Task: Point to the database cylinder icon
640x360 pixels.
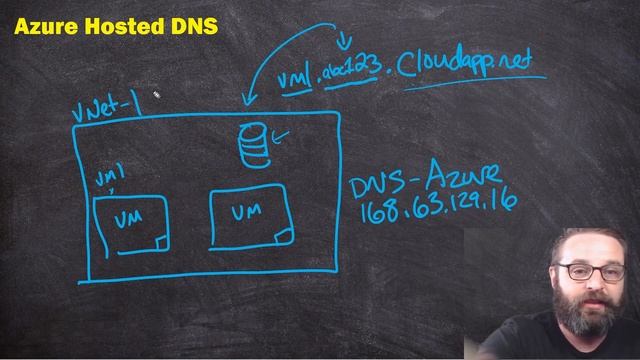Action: (x=254, y=146)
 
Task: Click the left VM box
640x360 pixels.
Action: (x=130, y=222)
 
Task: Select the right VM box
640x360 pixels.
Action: (x=250, y=215)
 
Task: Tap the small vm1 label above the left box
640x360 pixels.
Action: (x=108, y=178)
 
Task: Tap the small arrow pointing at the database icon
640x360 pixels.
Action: (x=282, y=136)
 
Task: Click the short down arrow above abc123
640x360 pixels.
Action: (x=346, y=41)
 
